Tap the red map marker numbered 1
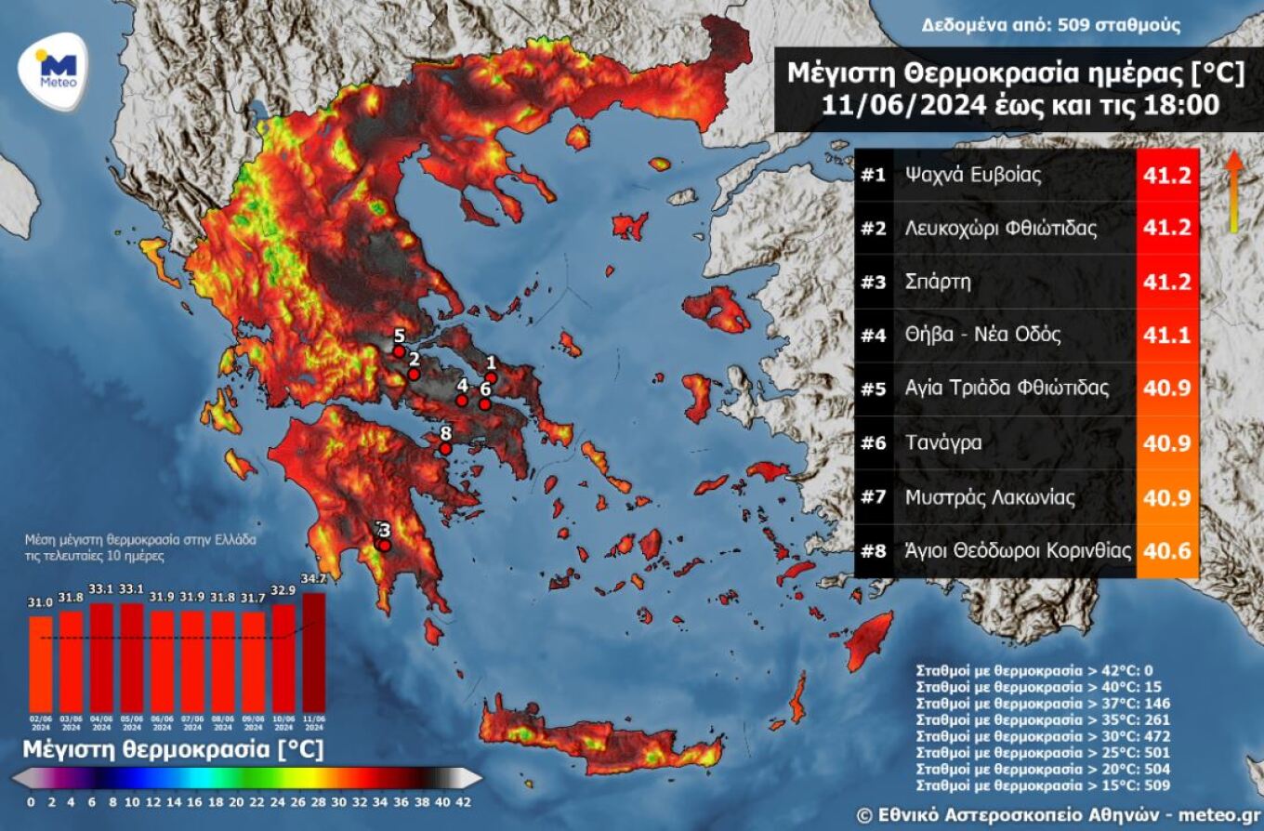[x=492, y=377]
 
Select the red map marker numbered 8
[x=445, y=449]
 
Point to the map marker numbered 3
[x=384, y=546]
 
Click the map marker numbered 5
[x=399, y=351]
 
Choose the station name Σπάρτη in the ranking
[x=938, y=282]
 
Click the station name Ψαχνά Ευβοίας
[x=973, y=175]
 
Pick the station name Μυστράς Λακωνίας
[x=991, y=497]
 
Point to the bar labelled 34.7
[x=314, y=652]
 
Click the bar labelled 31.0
[x=41, y=664]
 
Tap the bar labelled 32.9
[x=283, y=658]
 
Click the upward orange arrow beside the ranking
[x=1233, y=191]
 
